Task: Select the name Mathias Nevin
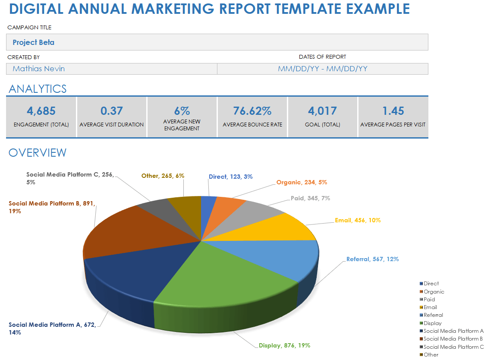(39, 69)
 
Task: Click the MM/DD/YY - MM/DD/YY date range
(322, 69)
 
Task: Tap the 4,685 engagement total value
(41, 111)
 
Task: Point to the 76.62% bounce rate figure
(252, 111)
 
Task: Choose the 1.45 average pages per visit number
(393, 111)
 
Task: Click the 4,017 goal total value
(322, 111)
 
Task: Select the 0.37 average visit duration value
(111, 111)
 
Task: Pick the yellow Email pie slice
(285, 227)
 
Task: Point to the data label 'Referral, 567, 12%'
(372, 259)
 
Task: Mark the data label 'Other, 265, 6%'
(163, 176)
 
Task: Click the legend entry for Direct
(431, 284)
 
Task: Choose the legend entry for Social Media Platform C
(453, 347)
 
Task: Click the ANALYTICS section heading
(38, 89)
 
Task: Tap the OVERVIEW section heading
(38, 152)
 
